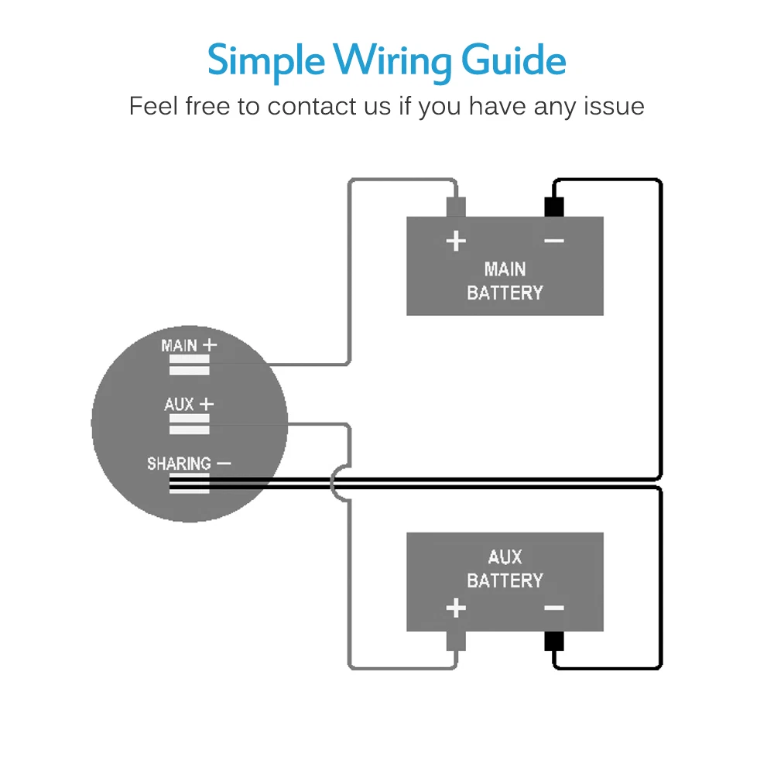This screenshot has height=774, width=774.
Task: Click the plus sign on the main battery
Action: (x=456, y=241)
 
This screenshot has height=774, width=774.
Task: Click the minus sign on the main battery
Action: (x=554, y=241)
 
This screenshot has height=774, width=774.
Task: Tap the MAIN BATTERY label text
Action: (x=505, y=281)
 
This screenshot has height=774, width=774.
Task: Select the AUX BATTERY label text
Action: (x=505, y=568)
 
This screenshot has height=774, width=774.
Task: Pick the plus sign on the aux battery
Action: (x=456, y=608)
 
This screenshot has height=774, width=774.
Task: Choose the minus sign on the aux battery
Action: (x=554, y=608)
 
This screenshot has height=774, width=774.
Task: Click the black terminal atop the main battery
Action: (x=554, y=207)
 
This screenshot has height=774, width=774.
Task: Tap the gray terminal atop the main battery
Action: (x=456, y=207)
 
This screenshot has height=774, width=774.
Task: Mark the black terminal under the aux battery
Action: (x=554, y=641)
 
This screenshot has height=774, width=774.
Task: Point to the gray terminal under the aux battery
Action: (x=456, y=641)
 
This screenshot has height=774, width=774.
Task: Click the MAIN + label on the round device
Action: (x=189, y=345)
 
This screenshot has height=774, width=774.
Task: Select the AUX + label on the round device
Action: (x=189, y=404)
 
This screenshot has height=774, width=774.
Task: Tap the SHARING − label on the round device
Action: (x=189, y=464)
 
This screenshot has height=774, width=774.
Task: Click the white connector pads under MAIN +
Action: (x=189, y=365)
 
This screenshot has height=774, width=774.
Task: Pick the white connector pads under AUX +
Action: (x=189, y=424)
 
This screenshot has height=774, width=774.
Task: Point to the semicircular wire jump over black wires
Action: (x=334, y=483)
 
